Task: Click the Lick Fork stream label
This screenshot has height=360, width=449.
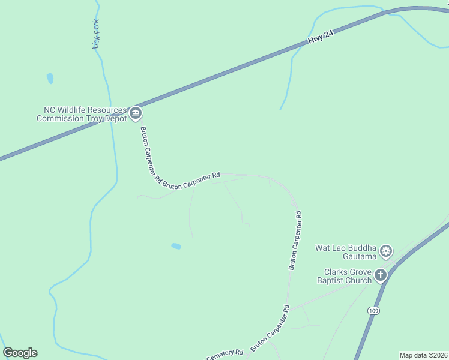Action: (96, 34)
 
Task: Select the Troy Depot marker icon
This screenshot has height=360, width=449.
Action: (136, 113)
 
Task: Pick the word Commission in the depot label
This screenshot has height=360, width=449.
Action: (59, 119)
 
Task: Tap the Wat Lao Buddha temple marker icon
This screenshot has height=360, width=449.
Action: (387, 250)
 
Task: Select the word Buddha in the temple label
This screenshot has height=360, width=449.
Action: (362, 248)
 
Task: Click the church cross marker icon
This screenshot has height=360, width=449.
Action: (380, 275)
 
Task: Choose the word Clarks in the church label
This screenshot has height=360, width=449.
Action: (336, 272)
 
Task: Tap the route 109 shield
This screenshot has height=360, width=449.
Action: (373, 310)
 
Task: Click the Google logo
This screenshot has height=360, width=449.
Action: (20, 353)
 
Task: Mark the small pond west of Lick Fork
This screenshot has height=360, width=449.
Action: (50, 78)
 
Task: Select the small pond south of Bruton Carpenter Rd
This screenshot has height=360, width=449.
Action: (176, 246)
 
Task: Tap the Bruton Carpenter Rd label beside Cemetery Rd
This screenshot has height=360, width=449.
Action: (270, 328)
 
